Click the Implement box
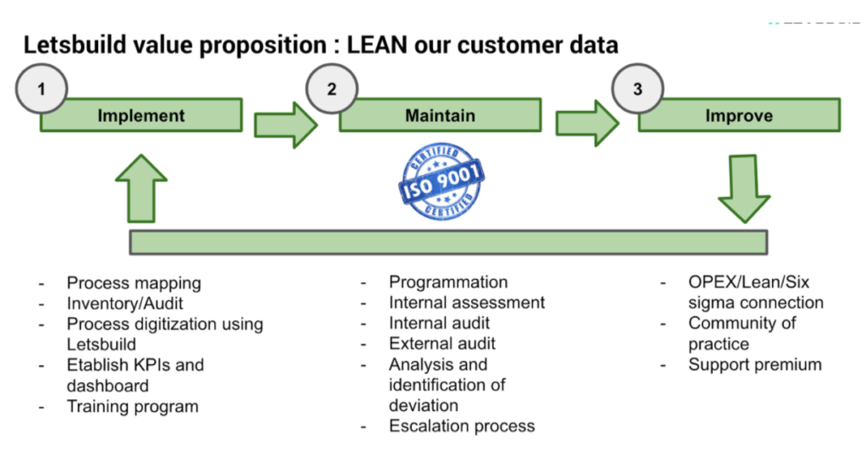pos(141,115)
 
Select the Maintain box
pos(440,115)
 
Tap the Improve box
pos(739,115)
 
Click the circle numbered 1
pos(41,89)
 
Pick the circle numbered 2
pos(332,89)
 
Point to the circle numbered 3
pos(638,89)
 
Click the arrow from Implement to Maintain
pos(286,125)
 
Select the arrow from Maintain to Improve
pos(587,123)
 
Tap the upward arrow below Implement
pos(141,189)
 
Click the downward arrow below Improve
pos(744,189)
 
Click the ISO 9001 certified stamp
pos(441,181)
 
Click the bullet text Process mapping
pos(134,282)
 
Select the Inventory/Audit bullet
pos(125,303)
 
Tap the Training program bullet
pos(133,407)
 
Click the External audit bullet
pos(441,343)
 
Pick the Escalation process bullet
pos(462,425)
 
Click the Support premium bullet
pos(755,365)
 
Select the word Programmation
pos(448,282)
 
